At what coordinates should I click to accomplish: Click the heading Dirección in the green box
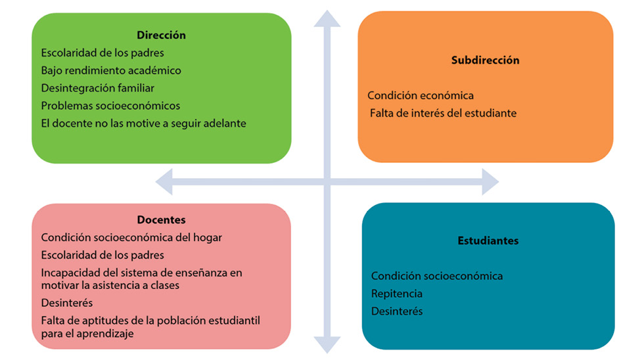pos(161,35)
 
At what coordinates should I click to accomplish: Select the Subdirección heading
pos(485,60)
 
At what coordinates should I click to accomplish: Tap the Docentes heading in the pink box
pos(161,220)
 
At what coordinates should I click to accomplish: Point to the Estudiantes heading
pos(488,240)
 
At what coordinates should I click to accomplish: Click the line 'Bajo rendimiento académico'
pos(111,70)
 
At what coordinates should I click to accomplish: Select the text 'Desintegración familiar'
pos(98,88)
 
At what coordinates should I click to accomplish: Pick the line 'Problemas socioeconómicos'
pos(110,106)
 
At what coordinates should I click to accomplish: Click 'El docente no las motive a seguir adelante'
pos(143,123)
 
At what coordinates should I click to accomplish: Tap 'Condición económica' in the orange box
pos(421,95)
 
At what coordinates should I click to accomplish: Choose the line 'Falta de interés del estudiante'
pos(443,113)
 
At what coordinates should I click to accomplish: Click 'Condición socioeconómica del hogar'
pos(131,238)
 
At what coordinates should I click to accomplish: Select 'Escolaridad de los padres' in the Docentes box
pos(103,255)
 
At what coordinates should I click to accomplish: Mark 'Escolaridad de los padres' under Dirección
pos(103,53)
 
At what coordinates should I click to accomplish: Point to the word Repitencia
pos(397,294)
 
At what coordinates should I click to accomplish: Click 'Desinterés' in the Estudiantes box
pos(397,311)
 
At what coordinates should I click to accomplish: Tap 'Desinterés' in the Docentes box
pos(67,303)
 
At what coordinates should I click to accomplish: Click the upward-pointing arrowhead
pos(327,18)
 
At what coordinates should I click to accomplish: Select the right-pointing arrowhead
pos(489,181)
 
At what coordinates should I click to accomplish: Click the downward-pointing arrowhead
pos(327,344)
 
